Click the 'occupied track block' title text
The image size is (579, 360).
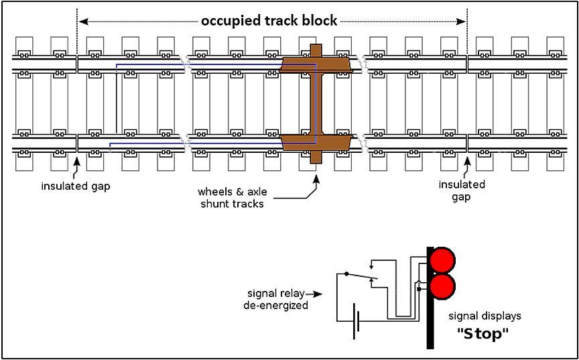click(x=269, y=21)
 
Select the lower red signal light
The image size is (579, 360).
click(x=442, y=286)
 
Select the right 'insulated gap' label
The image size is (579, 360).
click(x=462, y=190)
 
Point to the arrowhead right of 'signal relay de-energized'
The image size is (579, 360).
click(x=320, y=294)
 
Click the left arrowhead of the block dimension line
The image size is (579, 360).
click(x=83, y=21)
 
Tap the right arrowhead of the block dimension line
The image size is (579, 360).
click(x=462, y=21)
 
